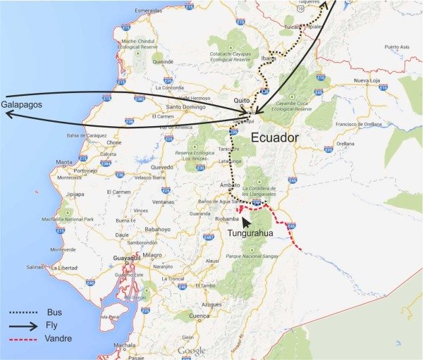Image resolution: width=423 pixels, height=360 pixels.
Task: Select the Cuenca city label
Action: pyautogui.click(x=200, y=316)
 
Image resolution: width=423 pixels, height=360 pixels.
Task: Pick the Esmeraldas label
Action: pyautogui.click(x=148, y=11)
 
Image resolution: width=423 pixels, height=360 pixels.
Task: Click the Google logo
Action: pyautogui.click(x=192, y=350)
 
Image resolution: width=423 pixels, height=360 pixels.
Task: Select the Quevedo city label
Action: pyautogui.click(x=161, y=168)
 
